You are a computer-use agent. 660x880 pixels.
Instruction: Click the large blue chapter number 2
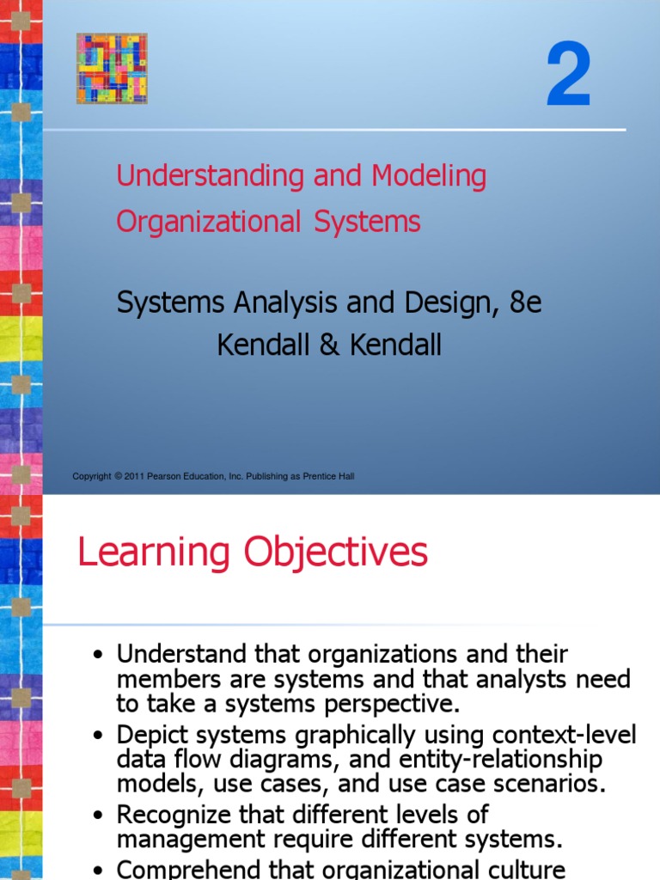(569, 79)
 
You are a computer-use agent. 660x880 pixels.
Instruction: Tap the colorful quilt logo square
(112, 69)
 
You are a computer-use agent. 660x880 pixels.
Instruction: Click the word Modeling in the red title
(429, 177)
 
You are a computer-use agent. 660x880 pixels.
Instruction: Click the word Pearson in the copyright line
(166, 476)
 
